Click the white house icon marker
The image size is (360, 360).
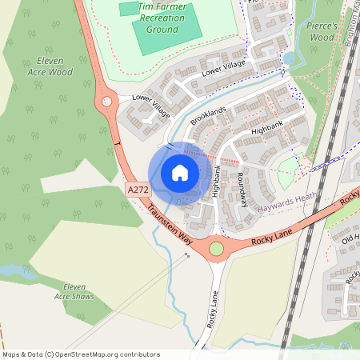[x=180, y=172]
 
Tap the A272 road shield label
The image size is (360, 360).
[x=138, y=190]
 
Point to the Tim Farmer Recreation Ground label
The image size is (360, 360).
[x=162, y=17]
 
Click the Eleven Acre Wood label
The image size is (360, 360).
[x=54, y=66]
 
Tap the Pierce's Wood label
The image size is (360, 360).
[x=322, y=31]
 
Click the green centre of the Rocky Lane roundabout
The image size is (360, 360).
[x=216, y=250]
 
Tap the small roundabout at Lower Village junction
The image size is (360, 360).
[x=107, y=102]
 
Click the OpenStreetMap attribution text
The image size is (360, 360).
[x=80, y=354]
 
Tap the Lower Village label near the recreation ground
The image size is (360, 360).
[x=223, y=70]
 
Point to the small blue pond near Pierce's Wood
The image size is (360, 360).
[x=289, y=58]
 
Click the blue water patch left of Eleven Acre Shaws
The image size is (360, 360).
[x=10, y=270]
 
